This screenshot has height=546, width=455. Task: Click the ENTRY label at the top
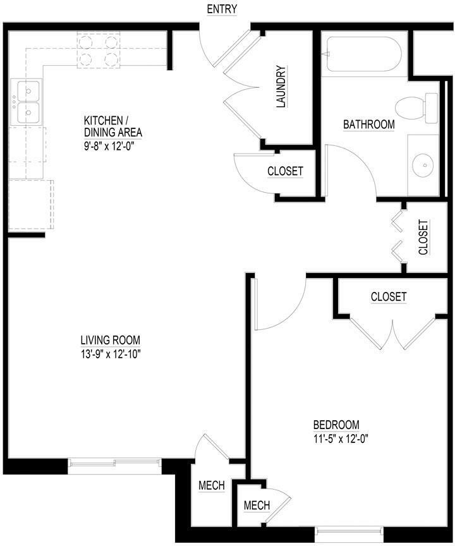[x=221, y=9]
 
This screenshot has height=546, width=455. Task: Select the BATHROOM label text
[x=368, y=124]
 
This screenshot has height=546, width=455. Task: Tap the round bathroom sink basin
[x=422, y=166]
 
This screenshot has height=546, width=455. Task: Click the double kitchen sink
[x=27, y=103]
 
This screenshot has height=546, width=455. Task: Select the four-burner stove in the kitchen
[x=99, y=51]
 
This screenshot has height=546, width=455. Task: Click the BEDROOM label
[x=336, y=425]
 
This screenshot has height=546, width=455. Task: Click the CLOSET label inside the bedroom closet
[x=388, y=296]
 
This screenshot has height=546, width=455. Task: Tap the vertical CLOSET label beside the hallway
[x=423, y=237]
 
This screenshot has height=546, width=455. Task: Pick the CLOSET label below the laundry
[x=285, y=171]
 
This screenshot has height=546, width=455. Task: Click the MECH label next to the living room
[x=212, y=485]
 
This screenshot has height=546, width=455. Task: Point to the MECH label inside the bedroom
[x=257, y=506]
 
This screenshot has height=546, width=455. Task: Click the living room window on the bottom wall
[x=114, y=465]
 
